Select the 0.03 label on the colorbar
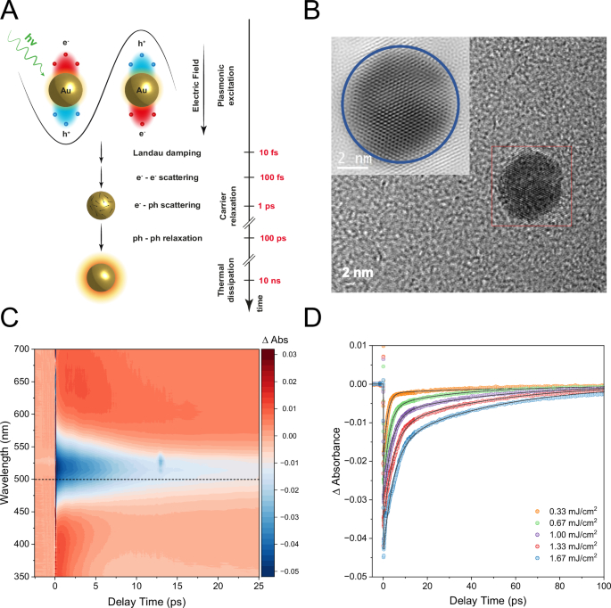coord(290,355)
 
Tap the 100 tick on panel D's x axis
coord(603,587)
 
